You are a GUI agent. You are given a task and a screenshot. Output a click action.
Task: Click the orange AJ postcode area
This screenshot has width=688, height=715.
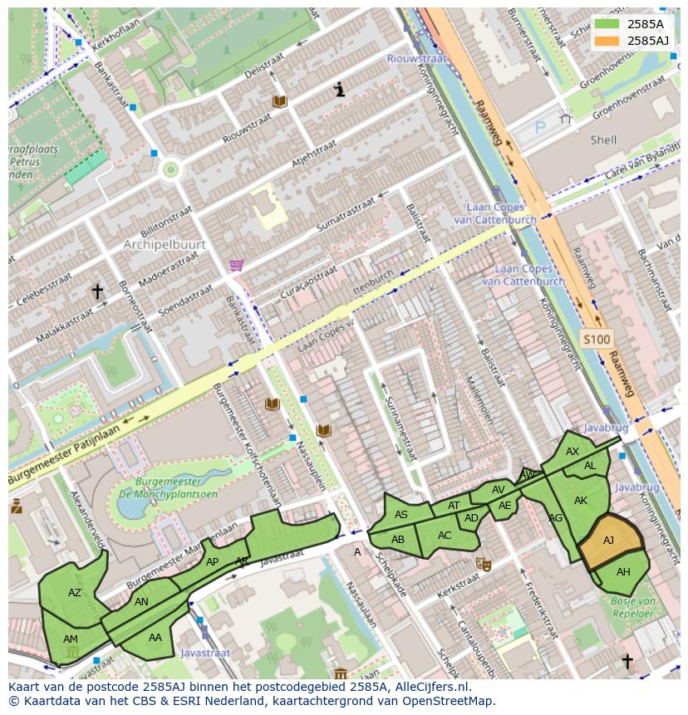610,542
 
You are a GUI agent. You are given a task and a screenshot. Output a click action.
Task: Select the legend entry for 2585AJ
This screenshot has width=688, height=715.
647,40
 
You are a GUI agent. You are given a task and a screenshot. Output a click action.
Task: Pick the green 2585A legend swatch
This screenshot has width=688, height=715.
607,23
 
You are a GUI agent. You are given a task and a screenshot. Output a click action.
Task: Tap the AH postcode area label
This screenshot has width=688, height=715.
623,572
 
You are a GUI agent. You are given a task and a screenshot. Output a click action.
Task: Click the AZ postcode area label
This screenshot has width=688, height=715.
75,593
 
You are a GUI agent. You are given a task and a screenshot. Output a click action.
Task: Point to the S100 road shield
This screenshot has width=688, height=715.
596,339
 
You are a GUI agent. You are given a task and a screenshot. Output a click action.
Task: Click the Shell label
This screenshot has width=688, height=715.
603,140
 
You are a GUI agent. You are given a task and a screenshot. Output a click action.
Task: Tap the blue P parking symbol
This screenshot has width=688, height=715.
540,128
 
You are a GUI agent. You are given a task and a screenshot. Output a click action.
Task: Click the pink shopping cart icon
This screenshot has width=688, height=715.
237,265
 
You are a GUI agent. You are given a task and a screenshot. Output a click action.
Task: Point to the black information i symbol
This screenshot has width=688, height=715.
339,90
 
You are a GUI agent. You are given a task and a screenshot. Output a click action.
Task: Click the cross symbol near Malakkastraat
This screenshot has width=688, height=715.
97,291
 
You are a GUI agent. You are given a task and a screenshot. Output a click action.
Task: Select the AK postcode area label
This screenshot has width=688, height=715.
581,501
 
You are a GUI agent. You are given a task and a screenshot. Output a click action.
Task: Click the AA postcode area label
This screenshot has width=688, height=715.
155,638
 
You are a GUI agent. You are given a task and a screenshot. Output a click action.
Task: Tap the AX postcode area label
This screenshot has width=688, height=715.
572,452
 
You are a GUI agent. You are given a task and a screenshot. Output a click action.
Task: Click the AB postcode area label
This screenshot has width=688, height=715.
398,540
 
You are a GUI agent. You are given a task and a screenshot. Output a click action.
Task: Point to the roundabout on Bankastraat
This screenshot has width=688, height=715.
171,169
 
